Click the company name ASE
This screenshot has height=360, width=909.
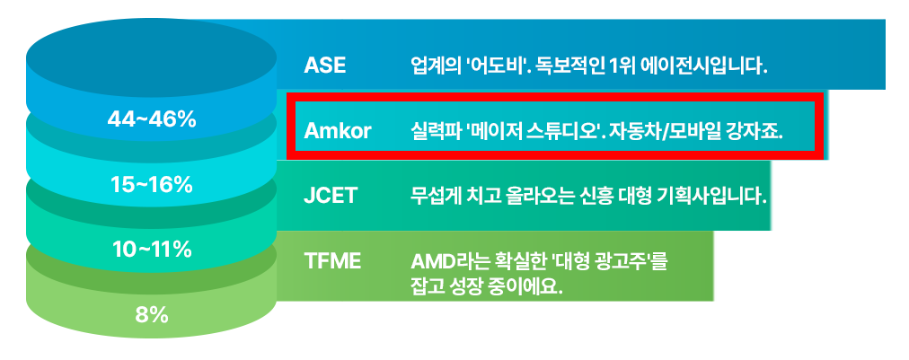324,66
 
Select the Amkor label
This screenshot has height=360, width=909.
338,131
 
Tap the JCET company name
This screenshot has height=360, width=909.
330,196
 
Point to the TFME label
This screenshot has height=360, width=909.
332,261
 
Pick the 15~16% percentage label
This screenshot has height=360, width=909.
152,185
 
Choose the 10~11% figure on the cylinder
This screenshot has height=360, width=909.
152,250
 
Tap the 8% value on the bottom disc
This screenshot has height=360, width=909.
152,315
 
